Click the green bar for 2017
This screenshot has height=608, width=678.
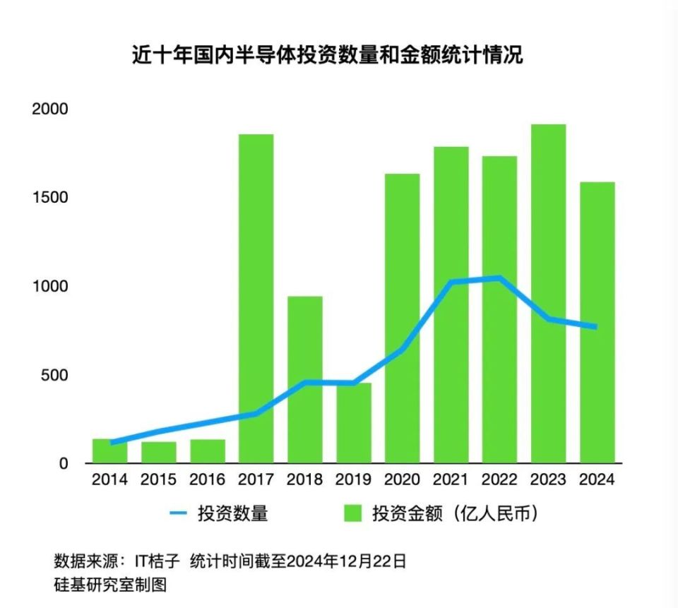[x=256, y=297]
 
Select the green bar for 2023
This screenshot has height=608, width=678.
[x=548, y=293]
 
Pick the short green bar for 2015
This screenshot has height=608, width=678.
[x=159, y=452]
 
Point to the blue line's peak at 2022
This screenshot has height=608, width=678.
[x=499, y=278]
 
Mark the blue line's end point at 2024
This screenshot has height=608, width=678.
[x=595, y=327]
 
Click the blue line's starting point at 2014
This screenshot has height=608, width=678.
[x=112, y=443]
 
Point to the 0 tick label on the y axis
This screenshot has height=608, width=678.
[x=64, y=463]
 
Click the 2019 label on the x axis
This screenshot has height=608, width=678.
[x=353, y=480]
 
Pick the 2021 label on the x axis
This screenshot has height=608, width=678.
[x=451, y=480]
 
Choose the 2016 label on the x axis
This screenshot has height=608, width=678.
[x=208, y=480]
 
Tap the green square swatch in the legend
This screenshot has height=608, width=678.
[x=352, y=513]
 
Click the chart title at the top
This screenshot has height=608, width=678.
[x=328, y=56]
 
